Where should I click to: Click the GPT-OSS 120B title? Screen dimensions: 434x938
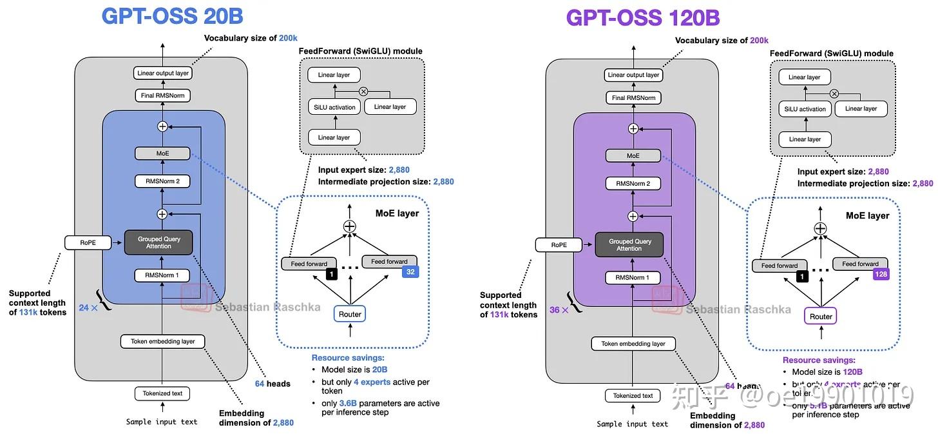pyautogui.click(x=642, y=17)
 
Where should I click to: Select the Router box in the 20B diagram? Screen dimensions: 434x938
pyautogui.click(x=350, y=314)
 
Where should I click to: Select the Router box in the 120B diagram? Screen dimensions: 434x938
pyautogui.click(x=821, y=317)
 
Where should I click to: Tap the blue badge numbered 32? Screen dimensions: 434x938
pyautogui.click(x=410, y=272)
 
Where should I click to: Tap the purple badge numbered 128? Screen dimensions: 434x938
pyautogui.click(x=881, y=275)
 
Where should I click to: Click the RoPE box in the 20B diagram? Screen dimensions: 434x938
pyautogui.click(x=88, y=242)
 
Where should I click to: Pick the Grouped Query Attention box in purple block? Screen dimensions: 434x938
pyautogui.click(x=629, y=245)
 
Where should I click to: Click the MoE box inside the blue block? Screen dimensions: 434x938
pyautogui.click(x=162, y=153)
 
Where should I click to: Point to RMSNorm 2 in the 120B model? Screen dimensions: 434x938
pyautogui.click(x=633, y=184)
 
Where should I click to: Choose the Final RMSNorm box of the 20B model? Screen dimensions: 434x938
pyautogui.click(x=162, y=95)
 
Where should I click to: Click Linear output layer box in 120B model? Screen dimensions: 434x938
pyautogui.click(x=633, y=75)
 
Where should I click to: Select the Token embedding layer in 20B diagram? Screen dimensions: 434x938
pyautogui.click(x=162, y=341)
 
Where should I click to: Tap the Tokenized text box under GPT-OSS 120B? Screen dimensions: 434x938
pyautogui.click(x=633, y=395)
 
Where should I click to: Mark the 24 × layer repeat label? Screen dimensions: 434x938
pyautogui.click(x=88, y=308)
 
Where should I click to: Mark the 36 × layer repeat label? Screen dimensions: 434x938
pyautogui.click(x=559, y=310)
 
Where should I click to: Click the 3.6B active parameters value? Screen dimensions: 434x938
pyautogui.click(x=348, y=403)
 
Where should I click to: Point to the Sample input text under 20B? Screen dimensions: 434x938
pyautogui.click(x=162, y=422)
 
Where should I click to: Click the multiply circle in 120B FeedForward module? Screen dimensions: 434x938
pyautogui.click(x=834, y=94)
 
